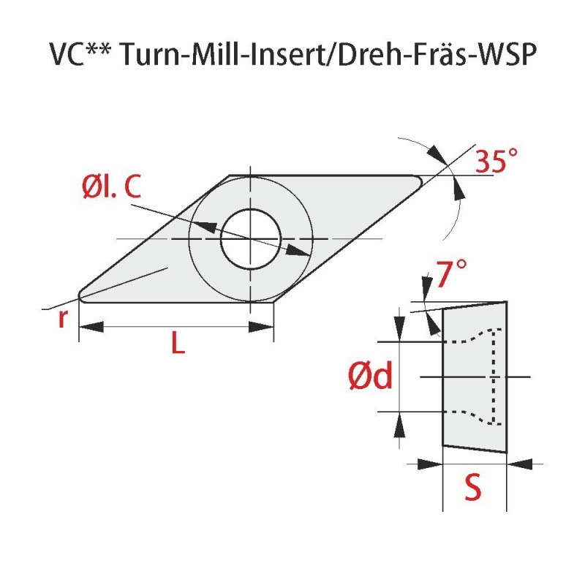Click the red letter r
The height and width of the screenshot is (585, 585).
coord(64,319)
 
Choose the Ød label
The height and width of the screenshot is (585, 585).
coord(370,377)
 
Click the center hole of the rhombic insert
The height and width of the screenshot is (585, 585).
coord(250,238)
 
